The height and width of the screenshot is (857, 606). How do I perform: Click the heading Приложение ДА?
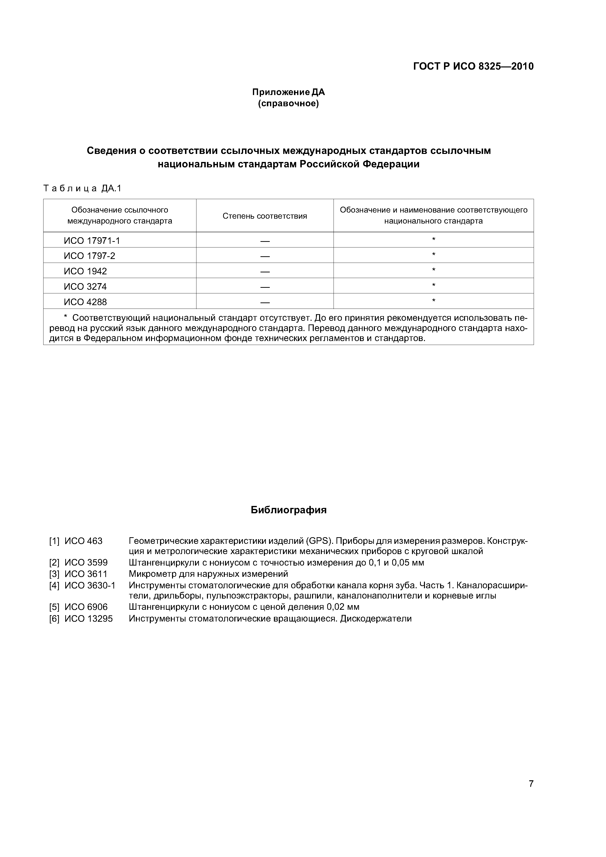coord(288,92)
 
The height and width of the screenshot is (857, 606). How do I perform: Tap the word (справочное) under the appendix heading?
coord(288,103)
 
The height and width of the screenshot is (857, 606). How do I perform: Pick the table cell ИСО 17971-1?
coord(92,241)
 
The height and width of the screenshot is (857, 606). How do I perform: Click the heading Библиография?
coord(288,510)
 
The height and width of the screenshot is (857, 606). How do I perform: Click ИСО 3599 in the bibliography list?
coord(86,563)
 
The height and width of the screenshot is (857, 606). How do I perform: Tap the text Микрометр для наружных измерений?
coord(208,574)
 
